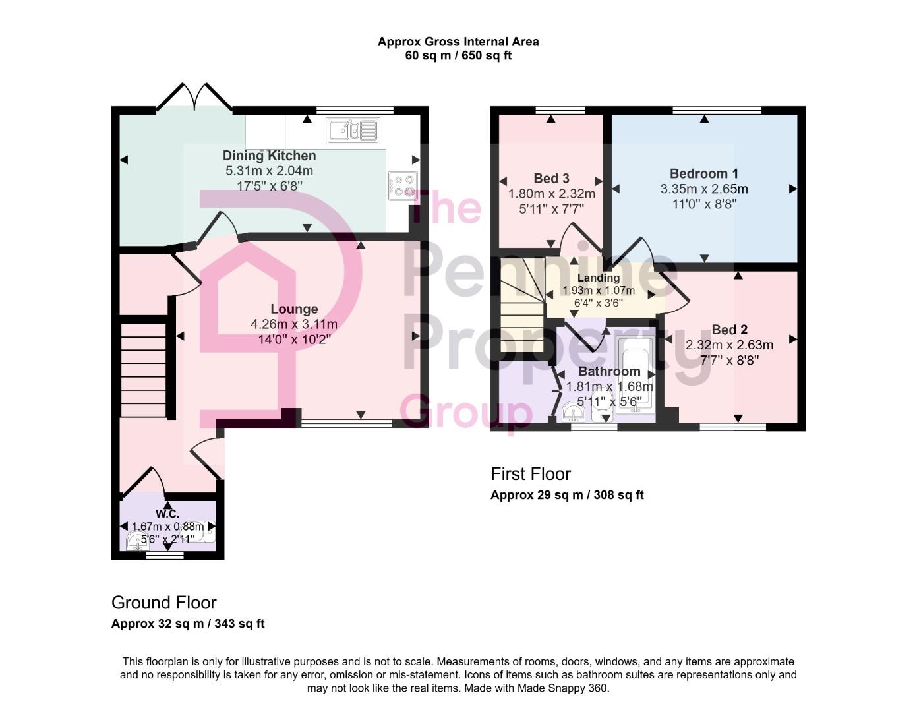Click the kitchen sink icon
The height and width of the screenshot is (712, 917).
coord(353,131)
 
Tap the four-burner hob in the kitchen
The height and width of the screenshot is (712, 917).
coord(402,186)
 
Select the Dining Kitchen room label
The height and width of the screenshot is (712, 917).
coord(269,156)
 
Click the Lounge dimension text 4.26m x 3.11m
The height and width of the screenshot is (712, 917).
coord(294,324)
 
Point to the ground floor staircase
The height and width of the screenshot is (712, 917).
coord(143,369)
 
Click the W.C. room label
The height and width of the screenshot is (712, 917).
coord(167,514)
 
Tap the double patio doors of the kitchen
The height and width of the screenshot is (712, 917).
coord(194,96)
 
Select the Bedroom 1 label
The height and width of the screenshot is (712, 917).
coord(703,173)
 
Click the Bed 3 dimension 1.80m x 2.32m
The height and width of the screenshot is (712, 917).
coord(551,194)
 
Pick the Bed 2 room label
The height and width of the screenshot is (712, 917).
coord(729,330)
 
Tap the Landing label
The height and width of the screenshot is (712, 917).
coord(598,278)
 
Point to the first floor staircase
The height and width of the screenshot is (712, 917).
coord(521,307)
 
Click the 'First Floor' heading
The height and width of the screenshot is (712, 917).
coord(530,473)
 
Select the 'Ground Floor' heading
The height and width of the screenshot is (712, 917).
coord(163,602)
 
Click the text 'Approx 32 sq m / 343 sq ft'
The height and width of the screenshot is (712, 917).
coord(188,624)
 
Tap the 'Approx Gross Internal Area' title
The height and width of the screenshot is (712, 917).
coord(458,42)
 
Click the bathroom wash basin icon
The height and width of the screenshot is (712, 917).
coord(574,413)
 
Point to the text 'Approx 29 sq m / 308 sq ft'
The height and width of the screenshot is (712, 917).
coord(567,495)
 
